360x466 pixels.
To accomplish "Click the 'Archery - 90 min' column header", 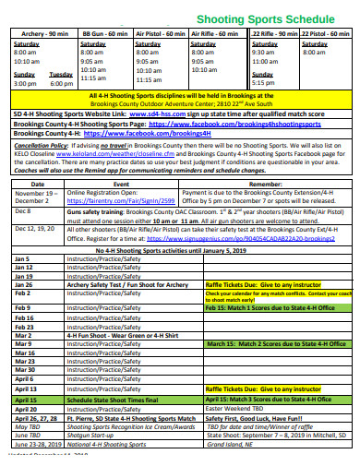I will tap(40, 33).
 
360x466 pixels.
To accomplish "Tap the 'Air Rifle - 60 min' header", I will tap(217, 33).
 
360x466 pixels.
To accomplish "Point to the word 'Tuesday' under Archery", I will tap(61, 74).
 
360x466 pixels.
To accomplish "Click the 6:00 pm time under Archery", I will tap(61, 83).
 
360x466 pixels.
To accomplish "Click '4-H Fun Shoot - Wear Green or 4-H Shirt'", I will tap(124, 334).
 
